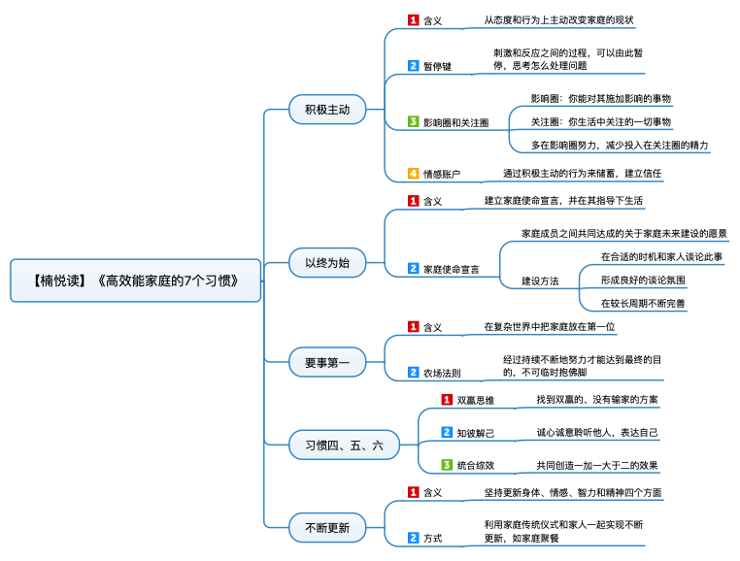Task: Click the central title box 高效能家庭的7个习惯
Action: (x=135, y=280)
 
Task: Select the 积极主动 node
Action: (x=327, y=110)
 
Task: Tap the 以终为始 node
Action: (x=327, y=263)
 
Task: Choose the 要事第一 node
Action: (x=327, y=362)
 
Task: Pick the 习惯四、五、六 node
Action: (x=344, y=445)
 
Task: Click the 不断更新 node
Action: (x=327, y=527)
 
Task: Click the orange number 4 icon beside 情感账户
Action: (x=413, y=173)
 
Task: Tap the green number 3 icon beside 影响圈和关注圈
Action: (x=413, y=121)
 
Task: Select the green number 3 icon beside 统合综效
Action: (x=447, y=465)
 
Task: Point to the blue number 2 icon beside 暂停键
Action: (x=413, y=66)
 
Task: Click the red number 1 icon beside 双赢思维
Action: (x=447, y=400)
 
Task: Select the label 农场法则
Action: (x=442, y=373)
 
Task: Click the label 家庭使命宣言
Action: (x=452, y=269)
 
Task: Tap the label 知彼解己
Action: (x=475, y=433)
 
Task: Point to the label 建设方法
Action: (x=540, y=281)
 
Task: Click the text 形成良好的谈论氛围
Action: (x=643, y=280)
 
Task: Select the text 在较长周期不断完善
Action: (x=643, y=304)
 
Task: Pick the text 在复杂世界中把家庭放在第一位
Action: (x=550, y=326)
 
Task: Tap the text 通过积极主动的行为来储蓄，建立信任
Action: (x=582, y=173)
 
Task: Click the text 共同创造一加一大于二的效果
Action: (x=597, y=465)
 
